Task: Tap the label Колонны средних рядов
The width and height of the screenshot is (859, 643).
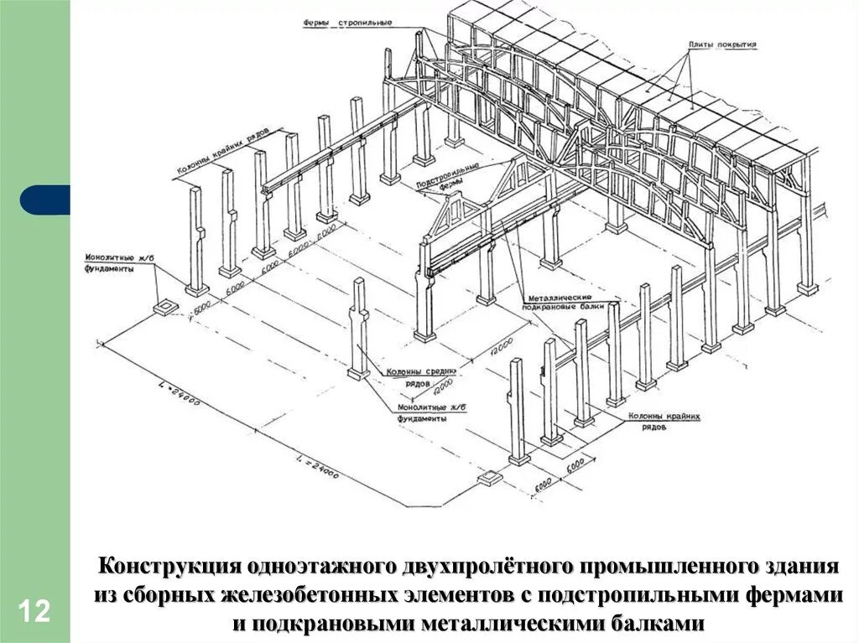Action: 420,377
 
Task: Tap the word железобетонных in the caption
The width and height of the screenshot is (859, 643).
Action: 310,595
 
